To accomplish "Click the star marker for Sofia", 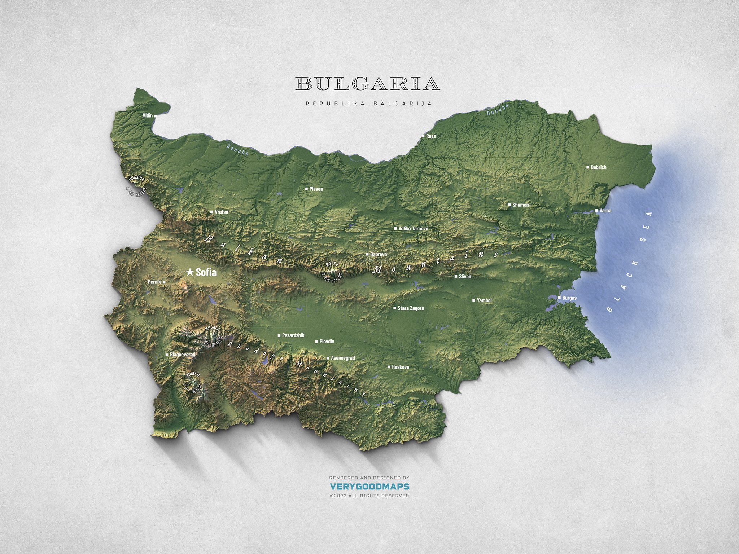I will coord(189,272).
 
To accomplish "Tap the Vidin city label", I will coord(148,116).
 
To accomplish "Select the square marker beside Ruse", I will coord(423,136).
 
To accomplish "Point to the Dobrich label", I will coord(598,167).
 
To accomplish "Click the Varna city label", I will coord(605,211).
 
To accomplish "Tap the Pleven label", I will coord(316,189).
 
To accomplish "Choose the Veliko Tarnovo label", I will coord(413,229).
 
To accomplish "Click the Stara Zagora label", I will coord(411,308).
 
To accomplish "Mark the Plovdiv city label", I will coord(327,341).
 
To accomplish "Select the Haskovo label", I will coord(400,367).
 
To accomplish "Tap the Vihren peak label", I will coord(192,375).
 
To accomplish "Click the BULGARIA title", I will coord(368,84).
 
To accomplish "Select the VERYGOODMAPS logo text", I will coord(369,487).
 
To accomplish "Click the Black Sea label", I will coord(630,261).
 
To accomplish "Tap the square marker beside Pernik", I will coord(164,282).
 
